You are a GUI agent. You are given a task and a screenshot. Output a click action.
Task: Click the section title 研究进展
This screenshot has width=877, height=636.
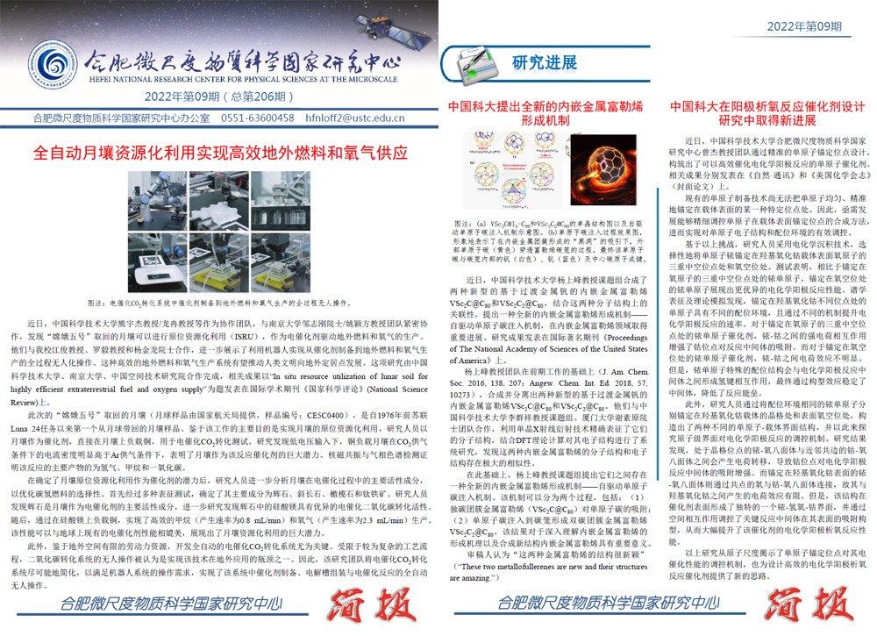coord(544,62)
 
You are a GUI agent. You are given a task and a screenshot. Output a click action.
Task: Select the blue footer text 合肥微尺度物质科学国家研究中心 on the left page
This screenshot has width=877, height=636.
coord(167,604)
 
